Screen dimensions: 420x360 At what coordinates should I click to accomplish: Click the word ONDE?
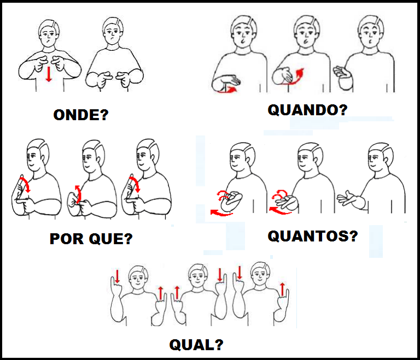[x=81, y=115]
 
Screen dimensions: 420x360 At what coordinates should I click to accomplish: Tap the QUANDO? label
[x=307, y=110]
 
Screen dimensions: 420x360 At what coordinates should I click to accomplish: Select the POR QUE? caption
[x=91, y=239]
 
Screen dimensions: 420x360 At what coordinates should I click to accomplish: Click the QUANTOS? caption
[x=313, y=237]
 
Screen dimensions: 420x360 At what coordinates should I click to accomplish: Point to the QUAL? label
[x=196, y=345]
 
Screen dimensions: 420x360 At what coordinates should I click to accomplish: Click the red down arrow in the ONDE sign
[x=49, y=74]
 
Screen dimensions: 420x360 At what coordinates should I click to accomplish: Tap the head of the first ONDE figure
[x=49, y=33]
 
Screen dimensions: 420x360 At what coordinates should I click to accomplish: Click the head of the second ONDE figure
[x=113, y=31]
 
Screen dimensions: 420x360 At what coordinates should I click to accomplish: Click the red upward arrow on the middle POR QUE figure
[x=78, y=194]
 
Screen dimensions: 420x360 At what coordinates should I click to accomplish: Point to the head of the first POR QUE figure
[x=38, y=154]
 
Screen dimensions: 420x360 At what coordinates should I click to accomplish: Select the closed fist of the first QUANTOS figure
[x=231, y=201]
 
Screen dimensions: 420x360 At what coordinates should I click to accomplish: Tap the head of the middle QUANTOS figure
[x=310, y=157]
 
